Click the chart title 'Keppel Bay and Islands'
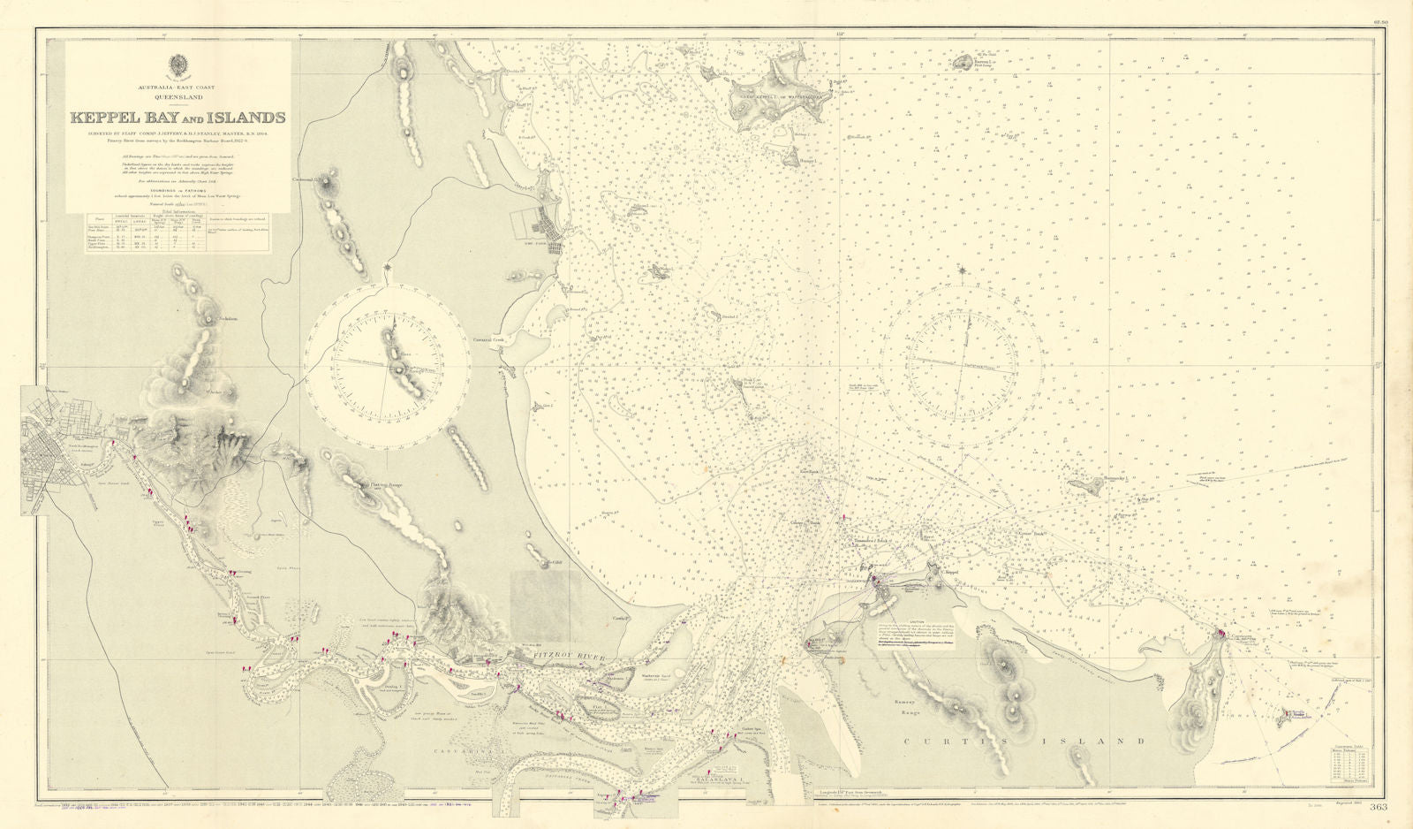pyautogui.click(x=178, y=117)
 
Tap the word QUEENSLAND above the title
pyautogui.click(x=178, y=98)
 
